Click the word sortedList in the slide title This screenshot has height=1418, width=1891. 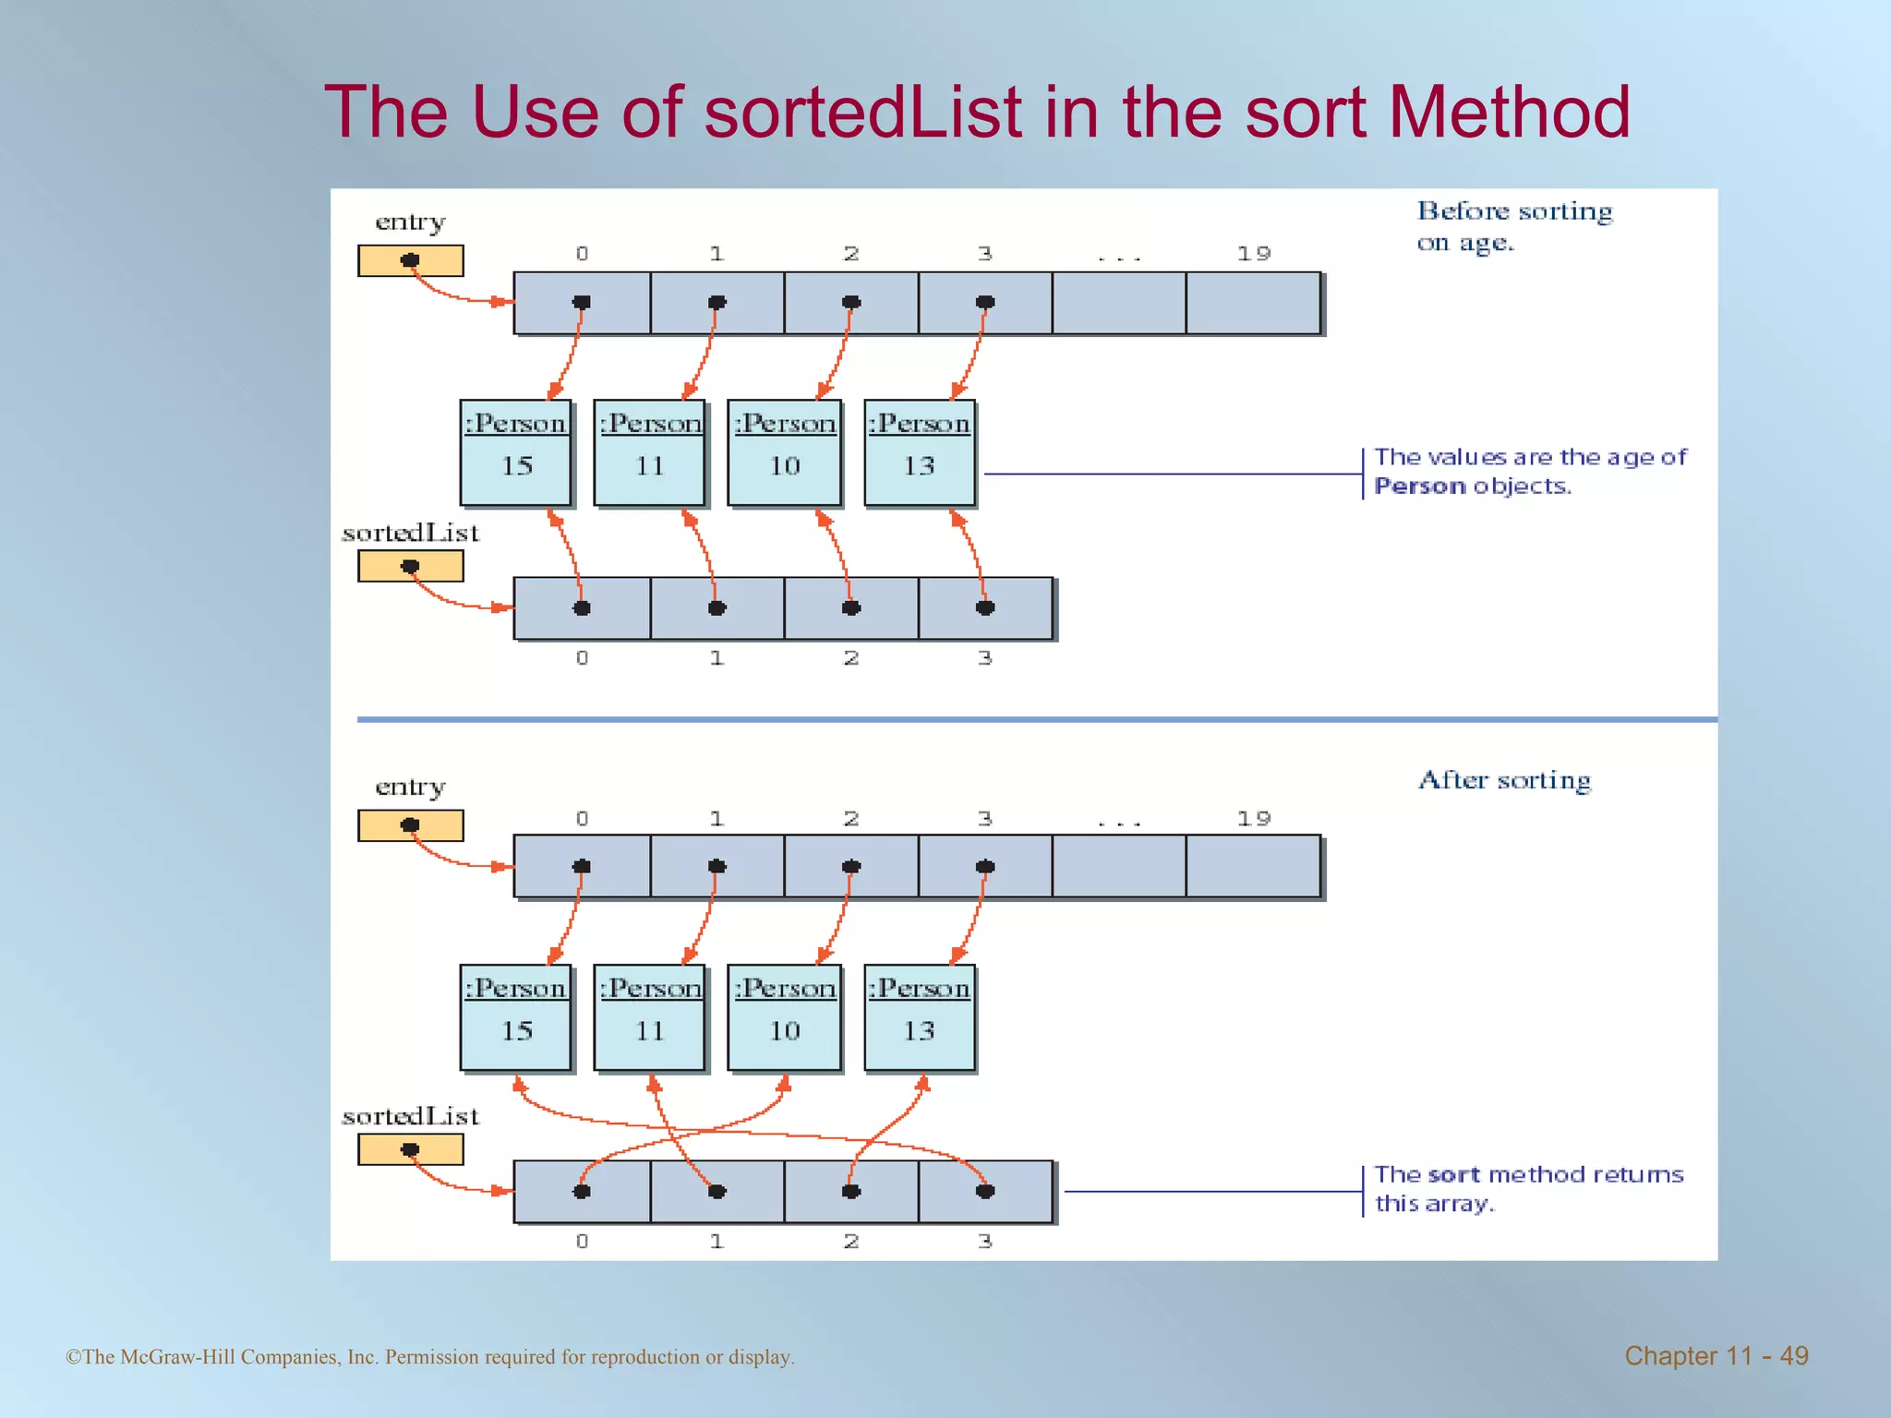pos(862,113)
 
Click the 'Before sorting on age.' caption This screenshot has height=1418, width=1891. pos(1514,226)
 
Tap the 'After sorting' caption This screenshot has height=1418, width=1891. pos(1504,780)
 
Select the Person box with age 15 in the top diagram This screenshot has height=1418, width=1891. pos(516,452)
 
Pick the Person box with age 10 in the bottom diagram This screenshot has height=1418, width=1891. pos(784,1017)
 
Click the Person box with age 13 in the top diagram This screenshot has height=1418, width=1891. pos(920,452)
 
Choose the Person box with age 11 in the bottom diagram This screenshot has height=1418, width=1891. pos(650,1017)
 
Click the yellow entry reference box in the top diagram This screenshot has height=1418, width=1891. pos(411,260)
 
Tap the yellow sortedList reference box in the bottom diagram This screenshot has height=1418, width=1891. pos(411,1149)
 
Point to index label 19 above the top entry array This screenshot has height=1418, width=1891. pos(1254,253)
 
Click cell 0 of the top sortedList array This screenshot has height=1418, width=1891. pos(582,608)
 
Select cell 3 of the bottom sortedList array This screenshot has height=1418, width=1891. pos(985,1191)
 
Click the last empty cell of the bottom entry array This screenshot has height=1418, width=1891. pos(1253,866)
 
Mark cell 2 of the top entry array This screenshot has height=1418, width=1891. pos(851,303)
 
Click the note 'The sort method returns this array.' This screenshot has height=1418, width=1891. pos(1528,1188)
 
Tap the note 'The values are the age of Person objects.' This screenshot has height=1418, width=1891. pos(1530,471)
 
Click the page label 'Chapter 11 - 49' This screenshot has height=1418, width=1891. pos(1716,1355)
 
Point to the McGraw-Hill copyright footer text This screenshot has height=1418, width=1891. pos(430,1357)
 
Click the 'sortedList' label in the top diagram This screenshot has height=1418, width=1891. pos(411,533)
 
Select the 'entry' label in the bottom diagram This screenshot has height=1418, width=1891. pos(411,787)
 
